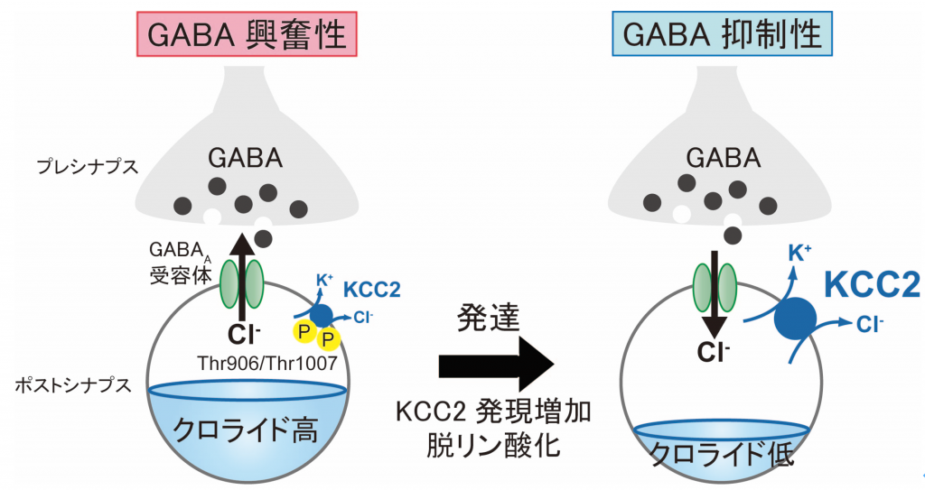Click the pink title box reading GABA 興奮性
click(247, 34)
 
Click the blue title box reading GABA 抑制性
click(722, 34)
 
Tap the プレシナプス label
click(88, 167)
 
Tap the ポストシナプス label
click(72, 385)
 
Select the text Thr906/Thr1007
click(267, 362)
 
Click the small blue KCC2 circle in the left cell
click(321, 316)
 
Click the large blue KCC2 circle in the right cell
click(795, 319)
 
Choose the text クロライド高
click(245, 430)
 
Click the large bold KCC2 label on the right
click(873, 285)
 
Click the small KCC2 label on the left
click(371, 290)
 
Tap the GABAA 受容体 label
click(180, 263)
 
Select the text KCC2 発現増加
click(493, 411)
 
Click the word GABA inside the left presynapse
click(245, 158)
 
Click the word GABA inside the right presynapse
click(723, 158)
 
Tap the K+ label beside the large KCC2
click(800, 254)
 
